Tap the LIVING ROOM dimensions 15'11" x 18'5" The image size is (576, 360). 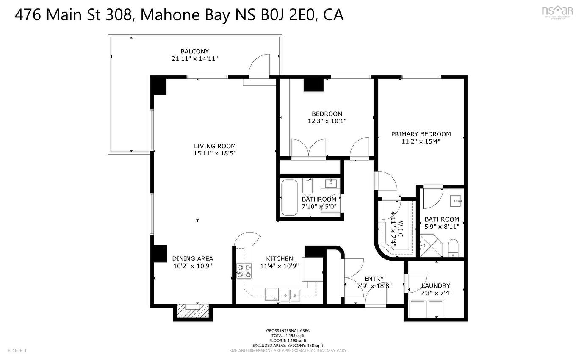pyautogui.click(x=215, y=153)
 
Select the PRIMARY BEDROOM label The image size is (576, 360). pyautogui.click(x=421, y=134)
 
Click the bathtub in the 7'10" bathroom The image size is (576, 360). pyautogui.click(x=290, y=197)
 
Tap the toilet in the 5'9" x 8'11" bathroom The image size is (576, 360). pyautogui.click(x=453, y=248)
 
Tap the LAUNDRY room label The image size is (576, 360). pyautogui.click(x=435, y=286)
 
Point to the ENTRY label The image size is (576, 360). pyautogui.click(x=374, y=279)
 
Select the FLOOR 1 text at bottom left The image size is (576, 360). pyautogui.click(x=17, y=351)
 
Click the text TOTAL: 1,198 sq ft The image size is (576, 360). pyautogui.click(x=288, y=335)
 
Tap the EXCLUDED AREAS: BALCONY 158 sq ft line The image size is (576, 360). pyautogui.click(x=288, y=346)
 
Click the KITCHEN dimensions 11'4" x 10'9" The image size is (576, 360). pyautogui.click(x=279, y=266)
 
